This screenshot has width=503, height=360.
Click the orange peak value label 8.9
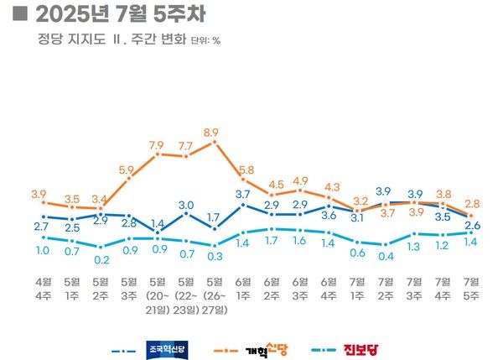point(211,133)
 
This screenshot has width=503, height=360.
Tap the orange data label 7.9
point(156,146)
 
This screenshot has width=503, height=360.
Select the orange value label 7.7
point(185,146)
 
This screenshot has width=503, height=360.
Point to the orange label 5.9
point(127,170)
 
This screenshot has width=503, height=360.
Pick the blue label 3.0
point(185,205)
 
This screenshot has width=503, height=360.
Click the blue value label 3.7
point(243,195)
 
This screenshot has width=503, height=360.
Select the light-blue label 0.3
point(215,256)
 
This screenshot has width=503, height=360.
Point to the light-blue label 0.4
point(386,256)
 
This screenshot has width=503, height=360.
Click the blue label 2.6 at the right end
point(472,225)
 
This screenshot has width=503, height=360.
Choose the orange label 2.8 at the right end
point(472,204)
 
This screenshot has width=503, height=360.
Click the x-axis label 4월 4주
point(39,284)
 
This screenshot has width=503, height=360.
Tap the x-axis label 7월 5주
point(472,284)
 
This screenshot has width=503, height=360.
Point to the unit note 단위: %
point(205,39)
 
